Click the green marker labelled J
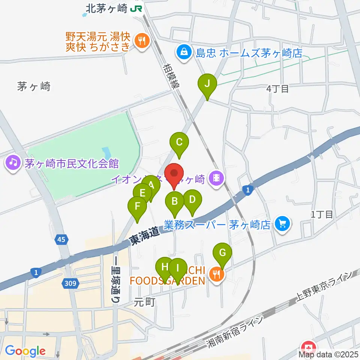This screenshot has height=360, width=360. point(207,84)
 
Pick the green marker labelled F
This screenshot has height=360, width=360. point(137,207)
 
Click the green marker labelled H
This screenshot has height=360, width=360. point(165,267)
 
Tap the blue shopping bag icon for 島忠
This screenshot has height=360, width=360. point(184,52)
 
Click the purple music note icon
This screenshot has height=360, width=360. point(13,163)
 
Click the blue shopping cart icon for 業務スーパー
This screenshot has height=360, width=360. point(282,224)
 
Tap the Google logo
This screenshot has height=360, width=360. point(25,351)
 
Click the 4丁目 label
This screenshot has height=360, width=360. point(277,89)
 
